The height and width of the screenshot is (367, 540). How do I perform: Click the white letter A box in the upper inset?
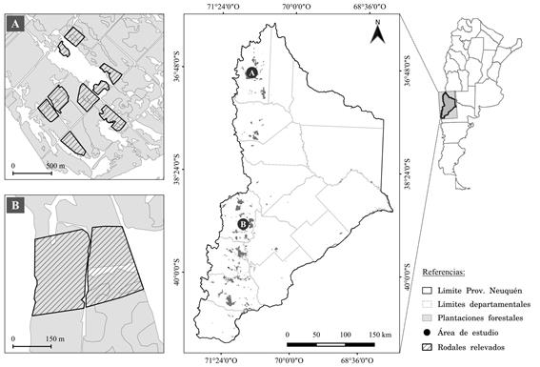tap(16, 25)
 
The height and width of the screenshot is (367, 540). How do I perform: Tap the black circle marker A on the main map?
tap(251, 72)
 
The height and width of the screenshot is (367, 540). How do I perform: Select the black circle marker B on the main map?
tap(244, 224)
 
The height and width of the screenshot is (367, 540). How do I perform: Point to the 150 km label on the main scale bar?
tap(377, 335)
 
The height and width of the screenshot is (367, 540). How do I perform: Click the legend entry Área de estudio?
tap(477, 334)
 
